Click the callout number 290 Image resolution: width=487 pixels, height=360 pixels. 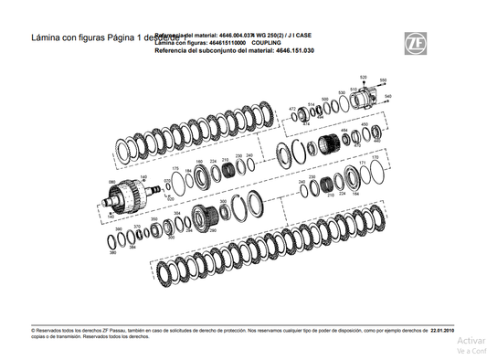tap(212, 231)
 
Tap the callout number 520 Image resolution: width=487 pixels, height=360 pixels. tap(363, 77)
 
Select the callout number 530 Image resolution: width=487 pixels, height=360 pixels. tap(341, 91)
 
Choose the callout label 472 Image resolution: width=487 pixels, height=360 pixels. tap(292, 109)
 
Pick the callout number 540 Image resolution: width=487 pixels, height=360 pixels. tap(388, 96)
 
